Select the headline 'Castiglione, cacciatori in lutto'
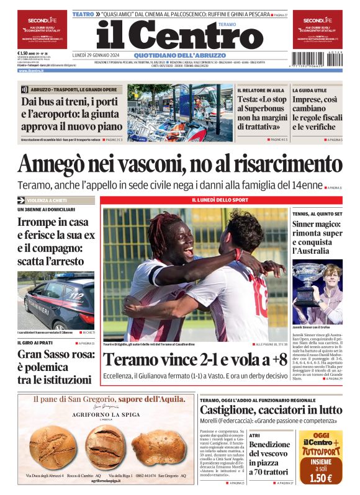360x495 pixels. [x=271, y=410]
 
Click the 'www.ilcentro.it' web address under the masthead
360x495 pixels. [x=30, y=71]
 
